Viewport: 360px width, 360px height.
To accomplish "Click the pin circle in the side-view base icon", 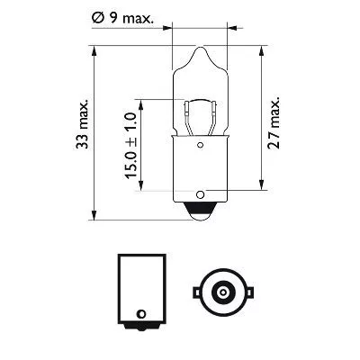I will point(139,314).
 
